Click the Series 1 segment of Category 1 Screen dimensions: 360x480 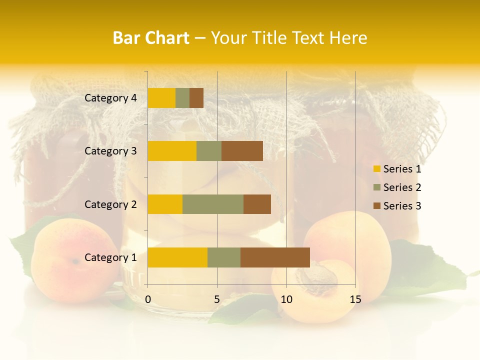pyautogui.click(x=177, y=257)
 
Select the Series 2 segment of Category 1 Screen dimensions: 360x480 pyautogui.click(x=224, y=257)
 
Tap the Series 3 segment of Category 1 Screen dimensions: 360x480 pyautogui.click(x=275, y=257)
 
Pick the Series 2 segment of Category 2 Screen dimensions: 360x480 pyautogui.click(x=213, y=204)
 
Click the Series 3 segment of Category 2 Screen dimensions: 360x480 pyautogui.click(x=257, y=204)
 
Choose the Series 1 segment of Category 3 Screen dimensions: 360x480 pyautogui.click(x=172, y=151)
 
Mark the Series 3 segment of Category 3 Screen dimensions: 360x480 pyautogui.click(x=242, y=151)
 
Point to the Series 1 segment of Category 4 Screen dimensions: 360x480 pyautogui.click(x=161, y=98)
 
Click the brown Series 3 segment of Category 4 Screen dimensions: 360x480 pyautogui.click(x=196, y=98)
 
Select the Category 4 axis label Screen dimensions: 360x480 pyautogui.click(x=110, y=98)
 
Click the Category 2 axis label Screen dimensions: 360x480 pyautogui.click(x=110, y=204)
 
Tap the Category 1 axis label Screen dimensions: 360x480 pyautogui.click(x=110, y=257)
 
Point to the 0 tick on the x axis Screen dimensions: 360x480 pyautogui.click(x=148, y=299)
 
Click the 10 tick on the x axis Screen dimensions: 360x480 pyautogui.click(x=286, y=299)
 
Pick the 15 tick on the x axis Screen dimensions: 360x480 pyautogui.click(x=355, y=299)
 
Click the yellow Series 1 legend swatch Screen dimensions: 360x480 pyautogui.click(x=376, y=169)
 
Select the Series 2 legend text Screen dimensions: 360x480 pyautogui.click(x=402, y=187)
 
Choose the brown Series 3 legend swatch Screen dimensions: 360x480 pyautogui.click(x=376, y=206)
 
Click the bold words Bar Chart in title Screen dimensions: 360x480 pyautogui.click(x=151, y=38)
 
